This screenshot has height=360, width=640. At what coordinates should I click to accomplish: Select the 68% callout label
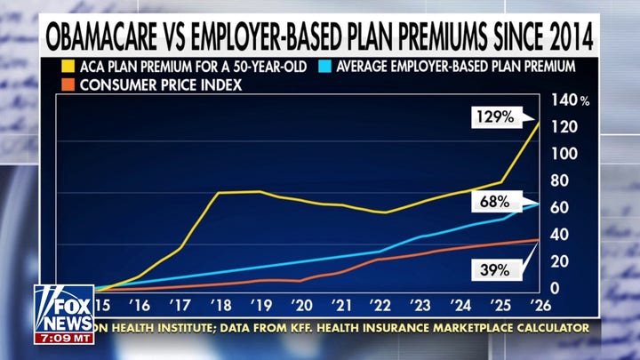490,202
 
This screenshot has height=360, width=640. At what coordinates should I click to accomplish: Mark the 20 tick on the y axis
561,262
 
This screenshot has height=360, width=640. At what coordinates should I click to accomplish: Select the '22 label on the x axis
380,304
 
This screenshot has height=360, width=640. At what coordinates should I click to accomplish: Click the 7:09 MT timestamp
64,339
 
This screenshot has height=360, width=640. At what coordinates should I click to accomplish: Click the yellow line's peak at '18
220,192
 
